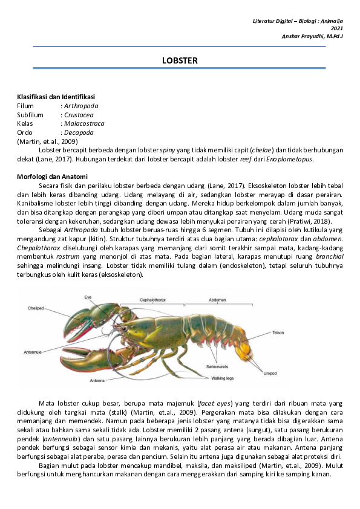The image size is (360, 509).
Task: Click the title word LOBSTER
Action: click(180, 60)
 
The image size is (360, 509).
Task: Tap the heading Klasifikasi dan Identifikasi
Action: click(56, 97)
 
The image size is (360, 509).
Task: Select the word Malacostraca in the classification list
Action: click(84, 123)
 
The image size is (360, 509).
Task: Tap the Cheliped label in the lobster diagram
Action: click(36, 308)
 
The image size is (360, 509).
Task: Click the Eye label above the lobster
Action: click(88, 297)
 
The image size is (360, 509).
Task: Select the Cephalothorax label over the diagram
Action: click(154, 299)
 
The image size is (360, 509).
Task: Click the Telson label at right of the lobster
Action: click(278, 332)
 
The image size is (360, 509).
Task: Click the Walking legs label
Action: click(223, 378)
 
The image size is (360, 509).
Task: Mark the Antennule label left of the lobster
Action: click(34, 351)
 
